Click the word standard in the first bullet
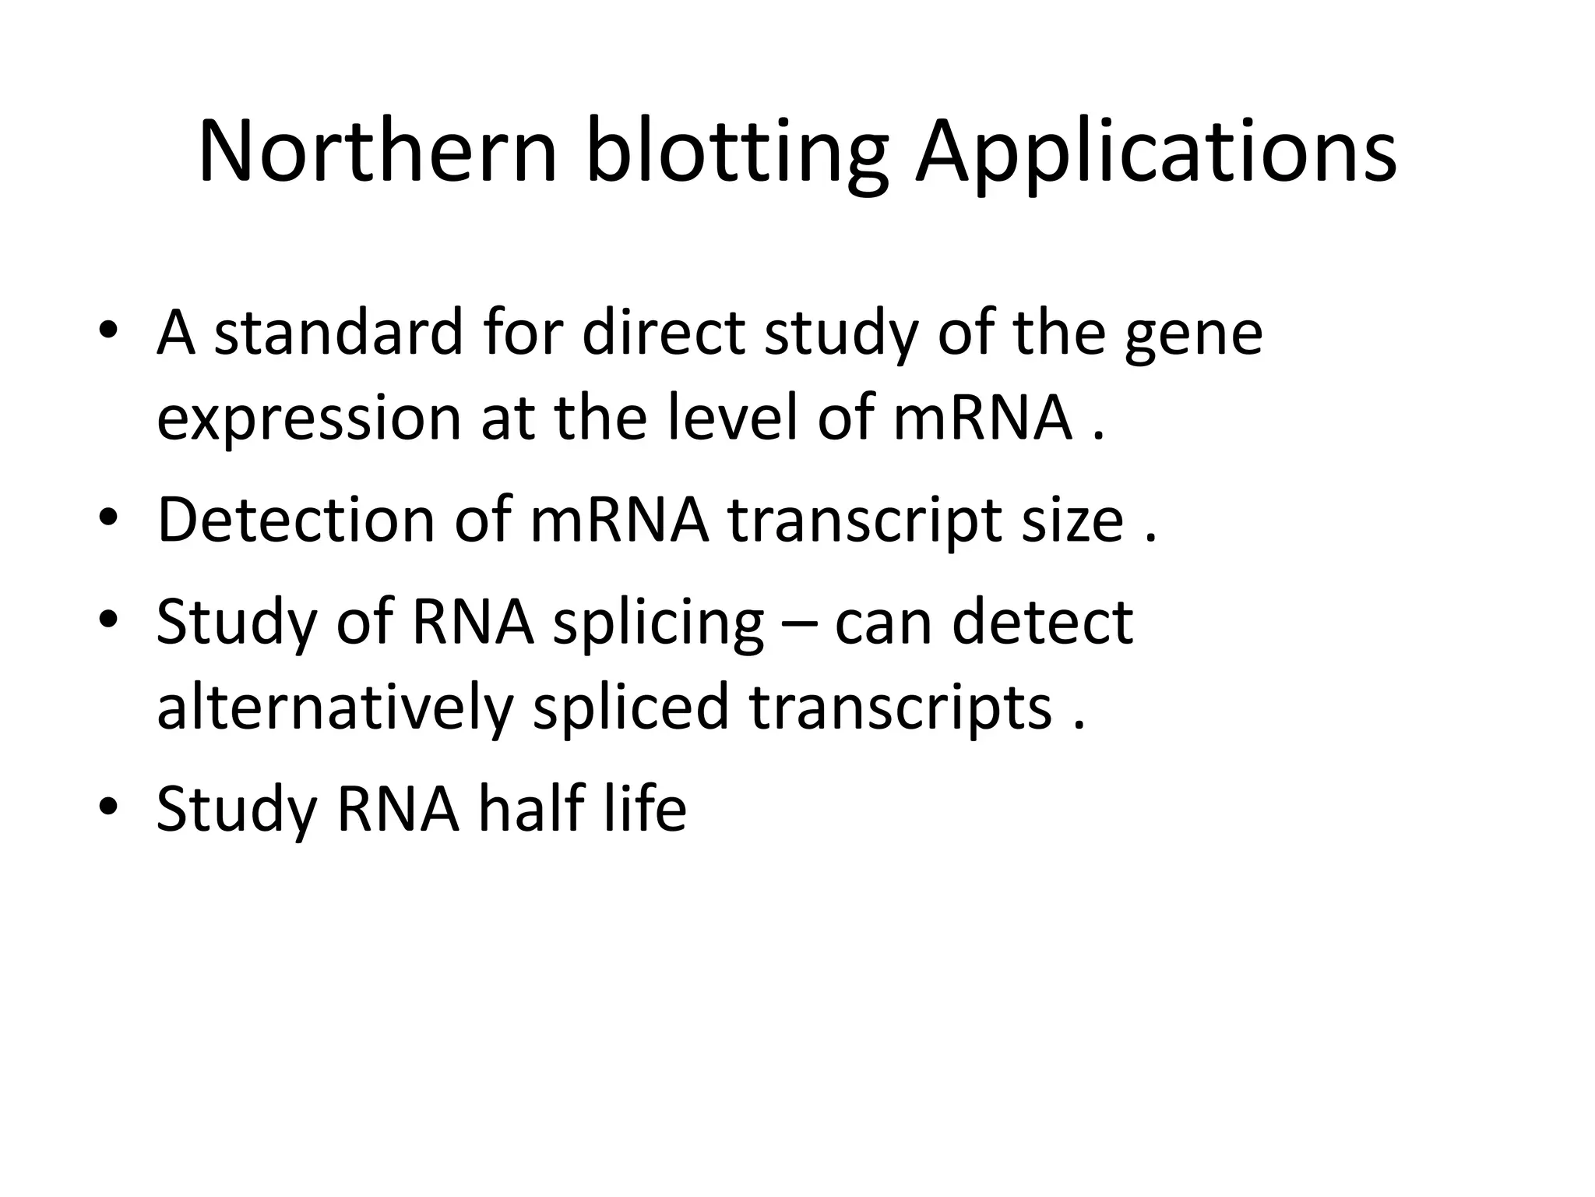(x=338, y=333)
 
